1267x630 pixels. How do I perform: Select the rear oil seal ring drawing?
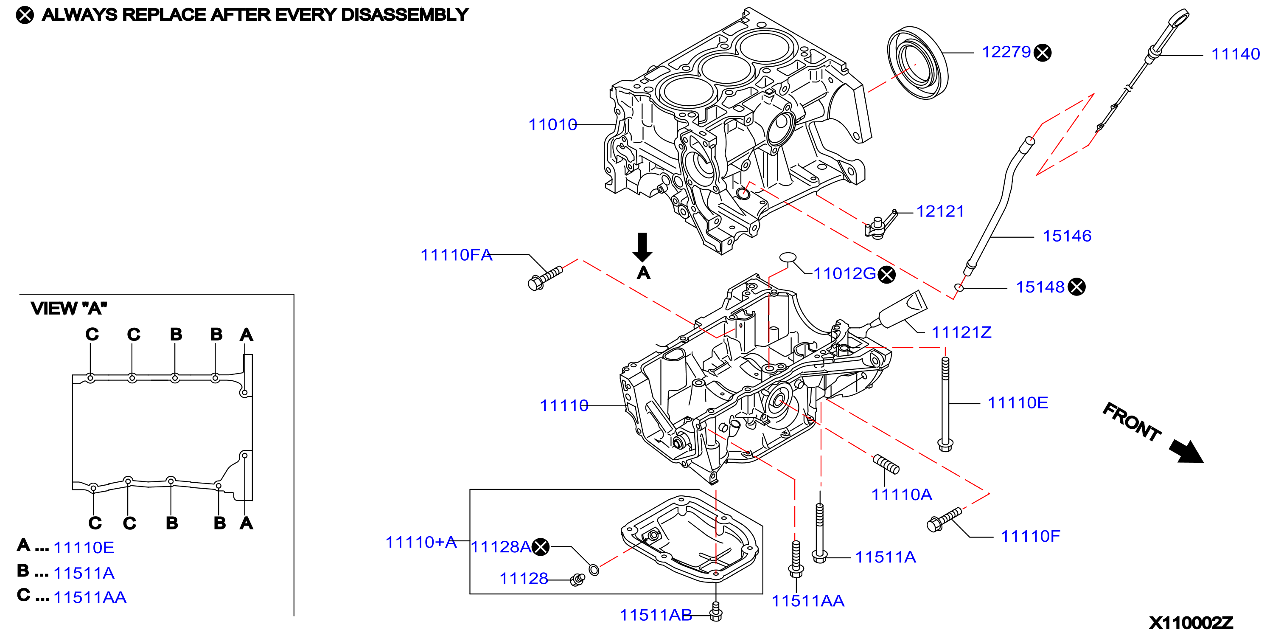[918, 63]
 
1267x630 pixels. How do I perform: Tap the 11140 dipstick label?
[1235, 54]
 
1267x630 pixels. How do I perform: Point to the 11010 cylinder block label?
[552, 124]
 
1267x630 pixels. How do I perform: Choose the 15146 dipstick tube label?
[1067, 236]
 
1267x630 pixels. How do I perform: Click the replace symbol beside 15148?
[1076, 287]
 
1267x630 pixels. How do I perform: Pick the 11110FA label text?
[456, 255]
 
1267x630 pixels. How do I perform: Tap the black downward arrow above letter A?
[642, 247]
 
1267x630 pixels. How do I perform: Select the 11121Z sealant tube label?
[961, 332]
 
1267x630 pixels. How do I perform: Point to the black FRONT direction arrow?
[1186, 451]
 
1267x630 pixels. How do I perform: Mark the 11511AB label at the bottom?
[656, 615]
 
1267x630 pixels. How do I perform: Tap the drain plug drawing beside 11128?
[577, 580]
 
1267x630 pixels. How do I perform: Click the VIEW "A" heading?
[69, 309]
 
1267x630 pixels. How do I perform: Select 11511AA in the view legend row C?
[90, 597]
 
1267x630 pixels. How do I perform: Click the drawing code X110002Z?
[1191, 623]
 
